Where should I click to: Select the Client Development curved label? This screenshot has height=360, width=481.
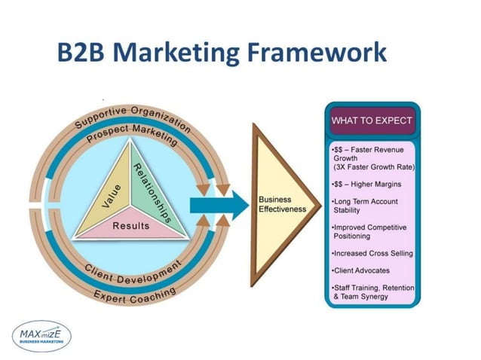pyautogui.click(x=133, y=272)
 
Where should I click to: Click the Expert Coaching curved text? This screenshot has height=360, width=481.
pyautogui.click(x=134, y=294)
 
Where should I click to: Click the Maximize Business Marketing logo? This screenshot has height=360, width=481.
pyautogui.click(x=45, y=332)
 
